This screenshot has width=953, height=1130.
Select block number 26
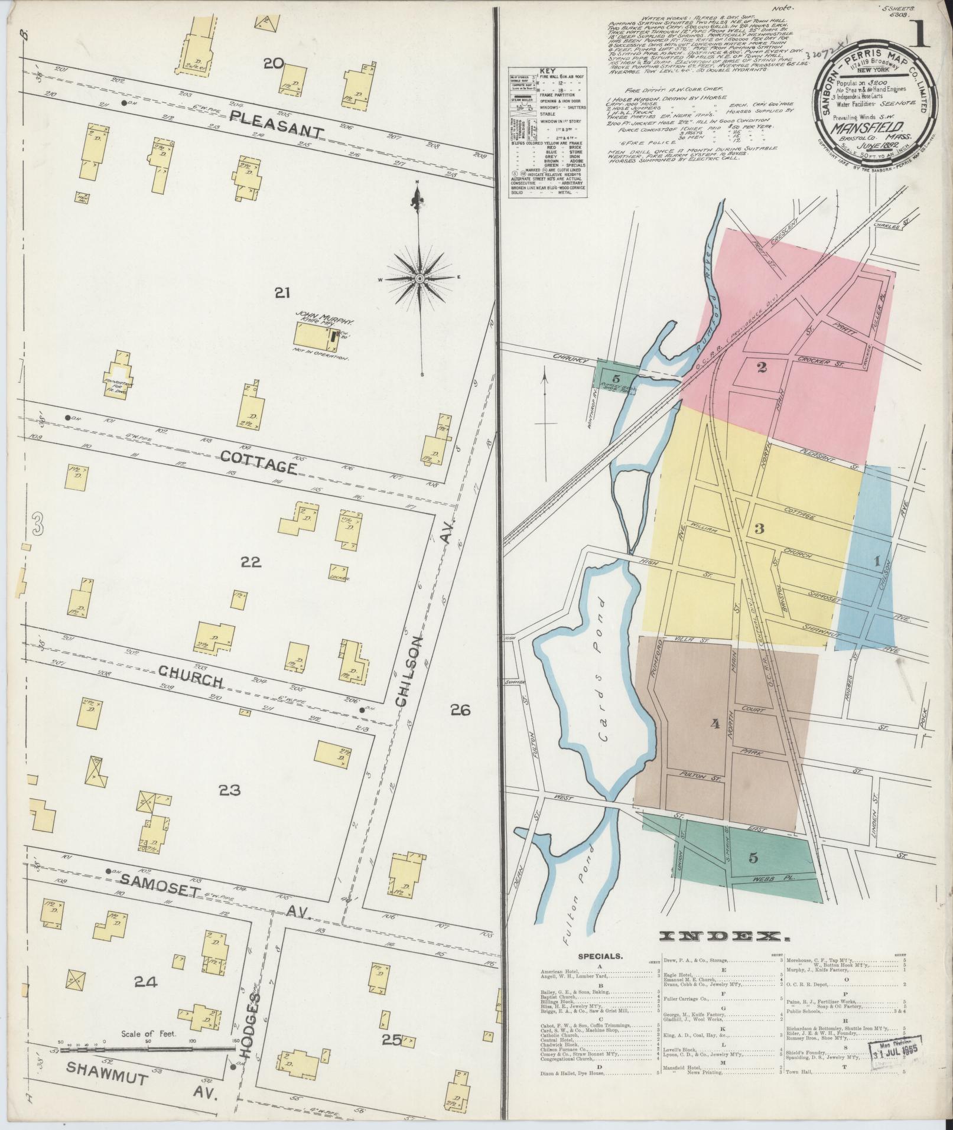pos(460,710)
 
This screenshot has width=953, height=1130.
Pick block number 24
pos(145,981)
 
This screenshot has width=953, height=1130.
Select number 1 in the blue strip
pos(877,562)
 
